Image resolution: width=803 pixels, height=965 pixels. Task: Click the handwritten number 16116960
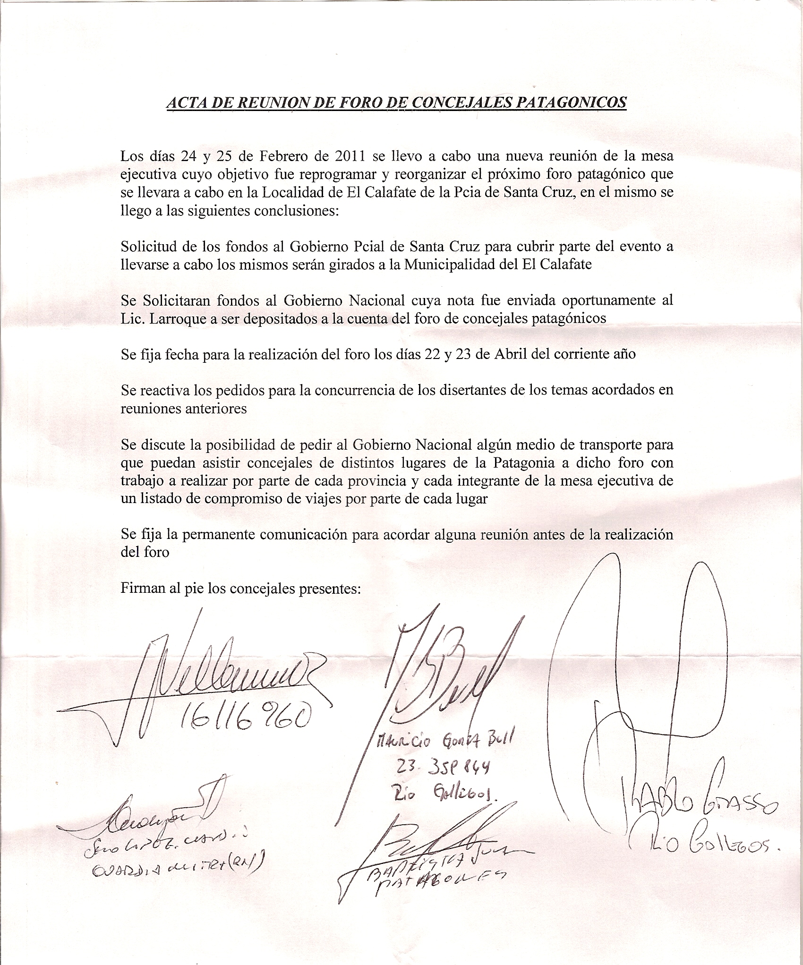[246, 719]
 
